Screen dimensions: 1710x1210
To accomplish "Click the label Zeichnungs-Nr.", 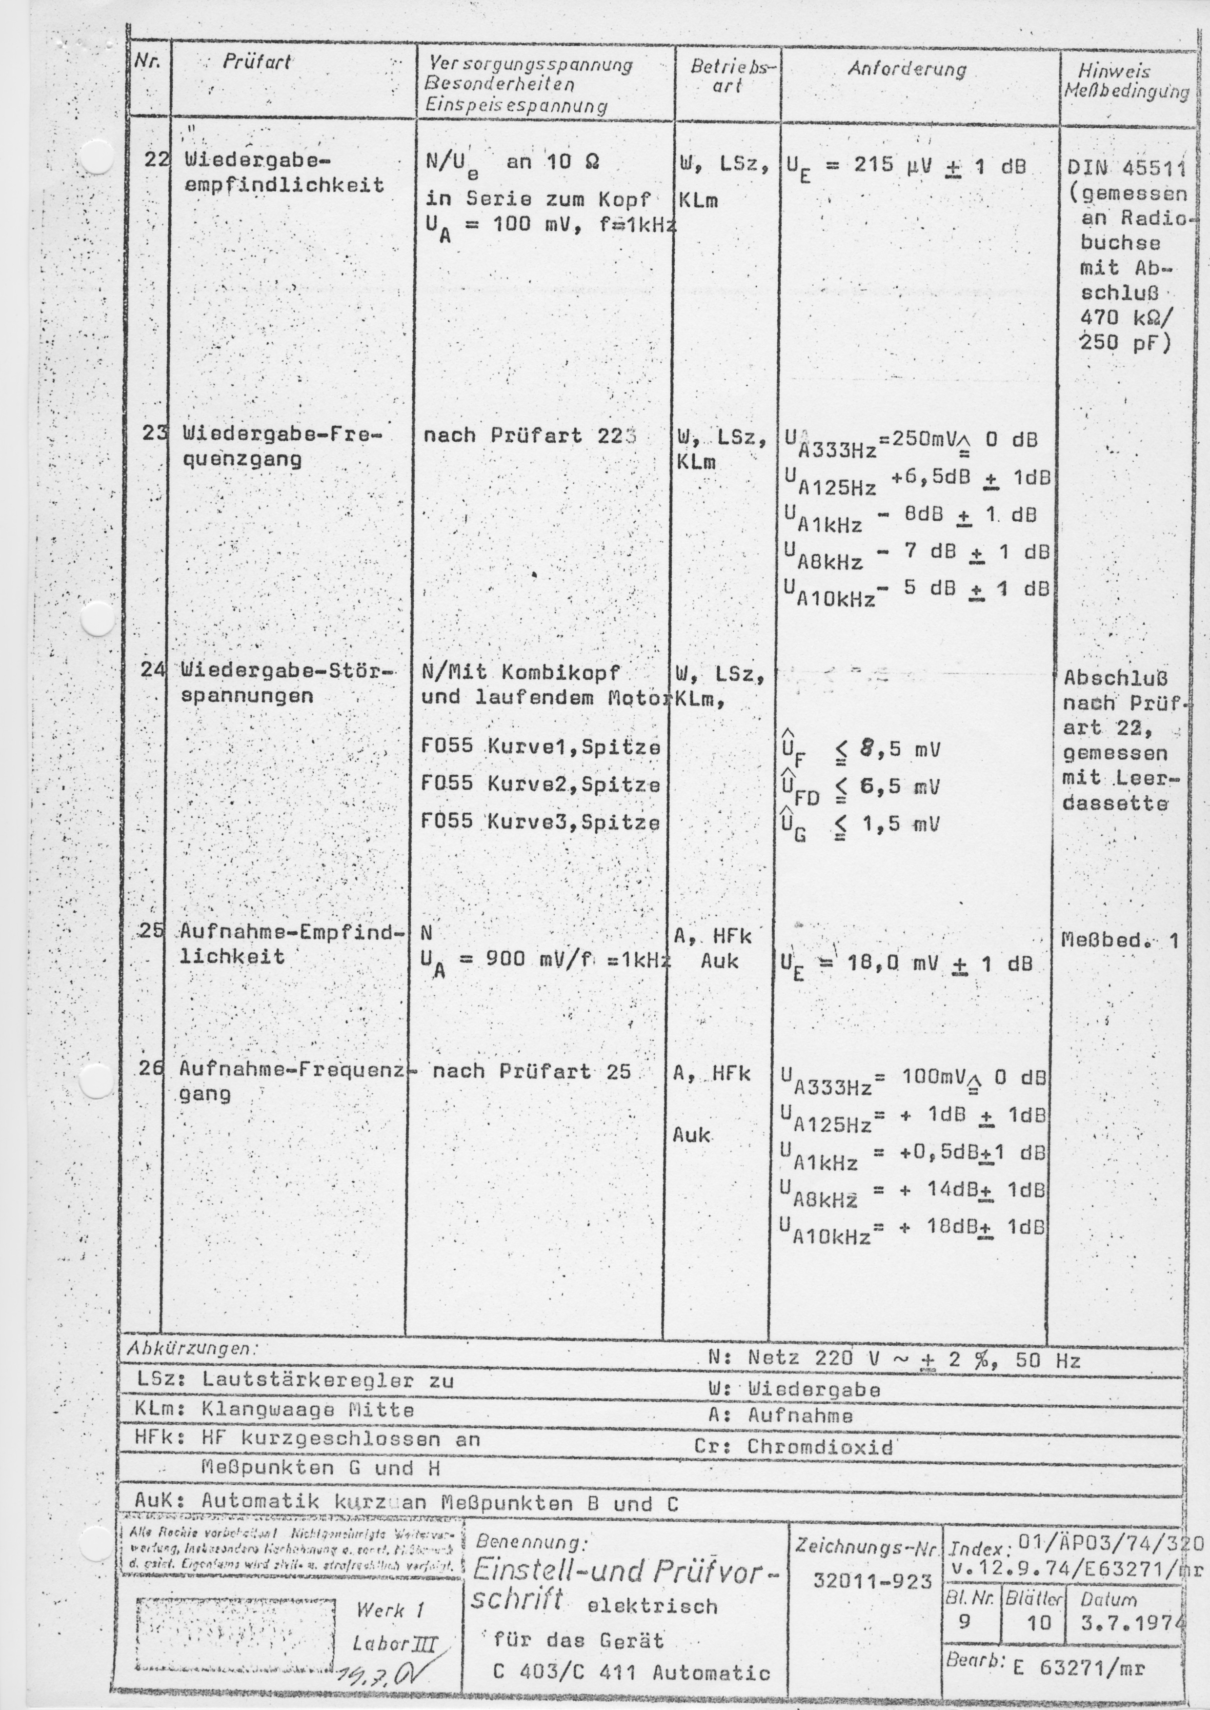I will coord(865,1545).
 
